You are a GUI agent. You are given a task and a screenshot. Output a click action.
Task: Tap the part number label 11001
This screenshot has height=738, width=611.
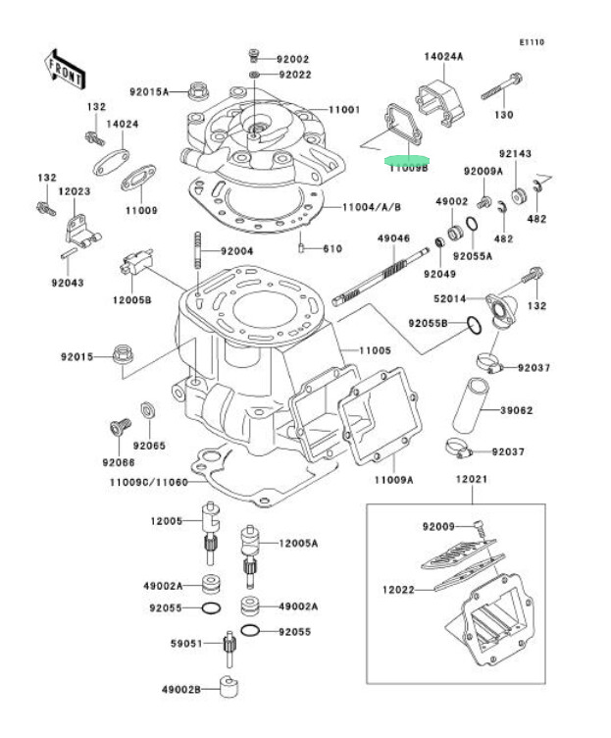345,110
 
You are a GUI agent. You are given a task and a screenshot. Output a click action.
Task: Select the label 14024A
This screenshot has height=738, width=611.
444,57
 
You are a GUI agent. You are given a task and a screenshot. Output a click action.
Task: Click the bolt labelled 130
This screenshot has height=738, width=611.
501,93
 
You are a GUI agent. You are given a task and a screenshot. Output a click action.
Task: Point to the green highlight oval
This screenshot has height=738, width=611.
406,158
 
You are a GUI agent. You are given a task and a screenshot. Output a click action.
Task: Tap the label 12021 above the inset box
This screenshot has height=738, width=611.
471,481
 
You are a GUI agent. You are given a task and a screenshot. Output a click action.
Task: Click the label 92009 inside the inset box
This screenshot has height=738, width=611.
439,527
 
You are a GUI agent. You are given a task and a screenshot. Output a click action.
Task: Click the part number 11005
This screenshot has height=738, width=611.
374,350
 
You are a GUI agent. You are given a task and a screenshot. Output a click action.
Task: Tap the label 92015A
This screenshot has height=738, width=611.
149,92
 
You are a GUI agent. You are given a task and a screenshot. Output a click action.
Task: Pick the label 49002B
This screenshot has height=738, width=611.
180,690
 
